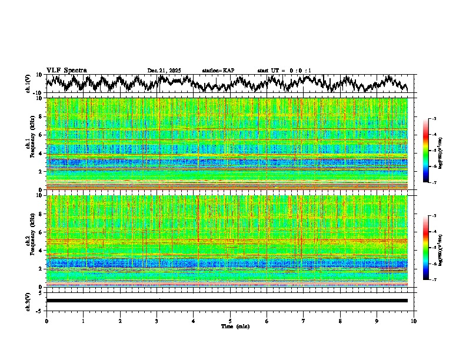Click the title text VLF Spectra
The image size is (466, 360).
pyautogui.click(x=66, y=71)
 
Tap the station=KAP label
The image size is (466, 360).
pyautogui.click(x=218, y=71)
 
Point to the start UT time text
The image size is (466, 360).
pyautogui.click(x=284, y=71)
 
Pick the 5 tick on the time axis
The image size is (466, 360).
pyautogui.click(x=230, y=321)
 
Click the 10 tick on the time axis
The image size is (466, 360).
pyautogui.click(x=414, y=321)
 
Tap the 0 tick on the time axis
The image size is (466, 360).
pyautogui.click(x=46, y=321)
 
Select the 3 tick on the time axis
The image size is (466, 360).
pyautogui.click(x=157, y=321)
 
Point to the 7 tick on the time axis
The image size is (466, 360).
pyautogui.click(x=304, y=321)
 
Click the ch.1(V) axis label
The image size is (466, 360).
pyautogui.click(x=28, y=84)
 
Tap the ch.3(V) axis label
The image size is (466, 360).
pyautogui.click(x=28, y=301)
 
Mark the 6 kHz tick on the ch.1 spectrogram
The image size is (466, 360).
pyautogui.click(x=40, y=135)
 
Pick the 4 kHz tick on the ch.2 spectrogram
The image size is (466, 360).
pyautogui.click(x=40, y=250)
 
